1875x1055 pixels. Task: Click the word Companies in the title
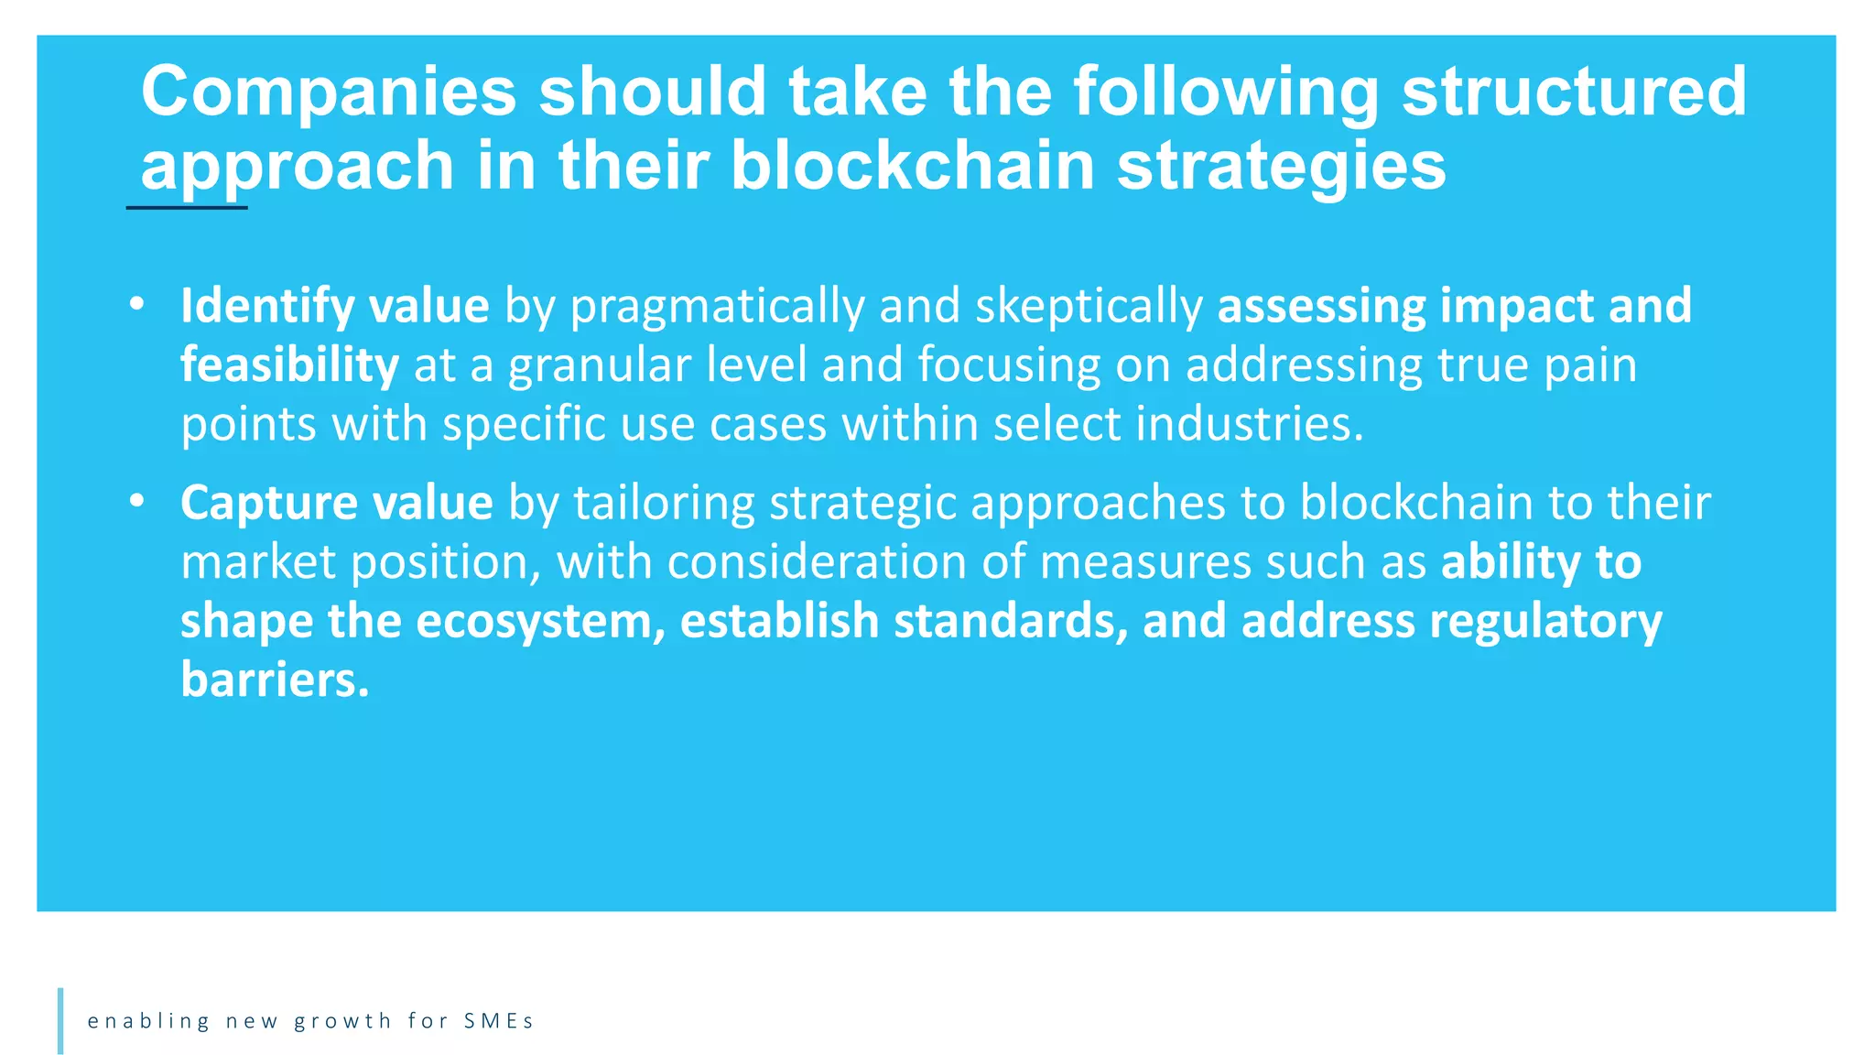pos(329,92)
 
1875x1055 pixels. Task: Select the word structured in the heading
pos(1574,92)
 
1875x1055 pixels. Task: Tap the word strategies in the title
pos(1281,168)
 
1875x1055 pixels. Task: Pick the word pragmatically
pos(717,307)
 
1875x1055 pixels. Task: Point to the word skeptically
pos(1089,307)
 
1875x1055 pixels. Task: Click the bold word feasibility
pos(289,365)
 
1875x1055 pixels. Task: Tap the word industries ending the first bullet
pos(1250,424)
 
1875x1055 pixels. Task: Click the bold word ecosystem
pos(539,621)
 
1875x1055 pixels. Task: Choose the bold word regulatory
pos(1545,621)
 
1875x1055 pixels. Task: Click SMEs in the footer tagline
pos(498,1021)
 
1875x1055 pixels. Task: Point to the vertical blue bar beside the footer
pos(60,1020)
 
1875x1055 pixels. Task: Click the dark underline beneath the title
pos(187,208)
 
